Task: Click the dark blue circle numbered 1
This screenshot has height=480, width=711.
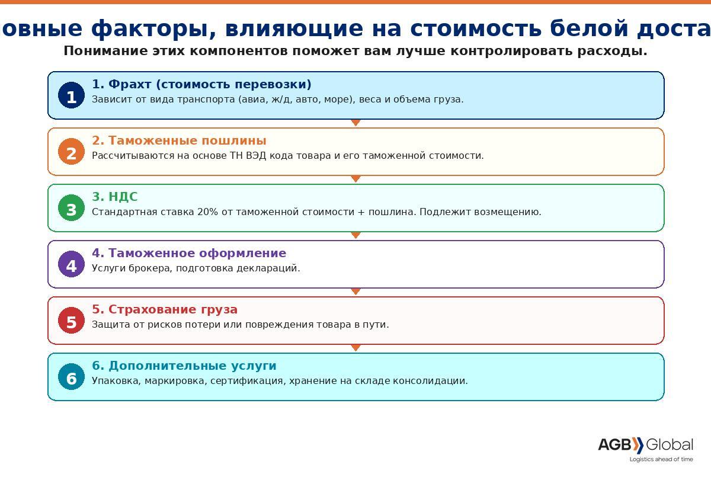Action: (x=71, y=95)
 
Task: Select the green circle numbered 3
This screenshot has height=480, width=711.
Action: (x=71, y=208)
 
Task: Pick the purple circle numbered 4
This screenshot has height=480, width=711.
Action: (x=71, y=264)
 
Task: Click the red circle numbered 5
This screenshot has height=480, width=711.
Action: (x=71, y=321)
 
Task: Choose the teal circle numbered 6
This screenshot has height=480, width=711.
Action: (x=71, y=377)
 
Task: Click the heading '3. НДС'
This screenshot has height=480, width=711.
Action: (x=114, y=197)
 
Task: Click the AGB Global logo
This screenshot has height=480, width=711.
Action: (x=645, y=445)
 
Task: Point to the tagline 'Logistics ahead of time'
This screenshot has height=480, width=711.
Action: (x=661, y=459)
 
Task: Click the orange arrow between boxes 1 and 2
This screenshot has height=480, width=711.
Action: (x=355, y=123)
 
